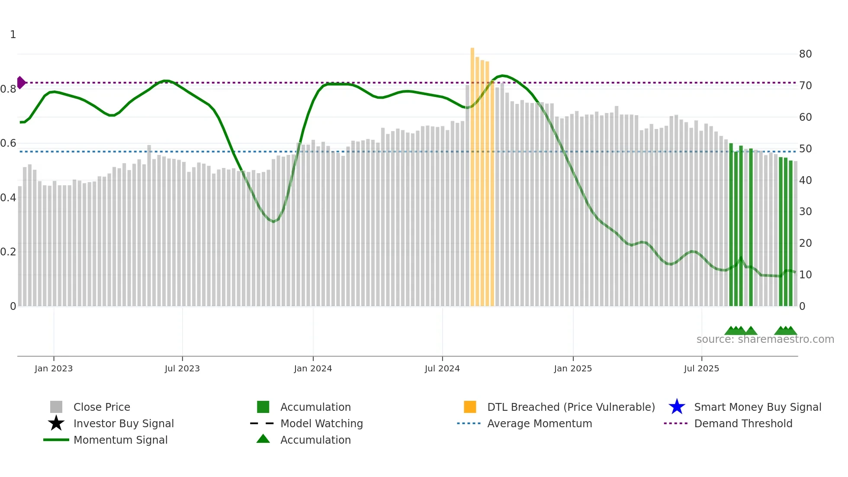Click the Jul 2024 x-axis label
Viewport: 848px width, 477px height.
click(x=442, y=368)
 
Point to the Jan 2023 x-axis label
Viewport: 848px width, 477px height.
click(x=54, y=368)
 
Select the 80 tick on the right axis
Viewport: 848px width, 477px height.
click(x=805, y=54)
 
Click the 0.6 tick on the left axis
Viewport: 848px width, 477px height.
click(x=9, y=143)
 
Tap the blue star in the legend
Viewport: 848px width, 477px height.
click(x=677, y=407)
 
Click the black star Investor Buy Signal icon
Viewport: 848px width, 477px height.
click(x=56, y=423)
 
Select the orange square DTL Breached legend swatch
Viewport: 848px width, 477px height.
click(x=470, y=407)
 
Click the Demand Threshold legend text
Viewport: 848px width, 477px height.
click(x=743, y=423)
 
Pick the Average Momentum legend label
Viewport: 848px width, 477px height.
click(x=540, y=423)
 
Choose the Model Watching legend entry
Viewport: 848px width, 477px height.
click(x=321, y=423)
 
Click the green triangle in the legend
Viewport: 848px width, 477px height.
click(x=263, y=439)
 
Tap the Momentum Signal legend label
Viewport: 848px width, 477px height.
click(x=120, y=440)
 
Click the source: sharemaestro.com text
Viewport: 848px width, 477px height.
click(x=765, y=339)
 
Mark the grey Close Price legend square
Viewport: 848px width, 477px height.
click(x=56, y=407)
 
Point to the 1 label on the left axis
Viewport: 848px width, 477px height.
click(x=13, y=35)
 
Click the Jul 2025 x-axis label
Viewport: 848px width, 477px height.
click(x=701, y=368)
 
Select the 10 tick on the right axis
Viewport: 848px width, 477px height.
click(x=805, y=275)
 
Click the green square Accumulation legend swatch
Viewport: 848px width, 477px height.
click(x=263, y=407)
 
